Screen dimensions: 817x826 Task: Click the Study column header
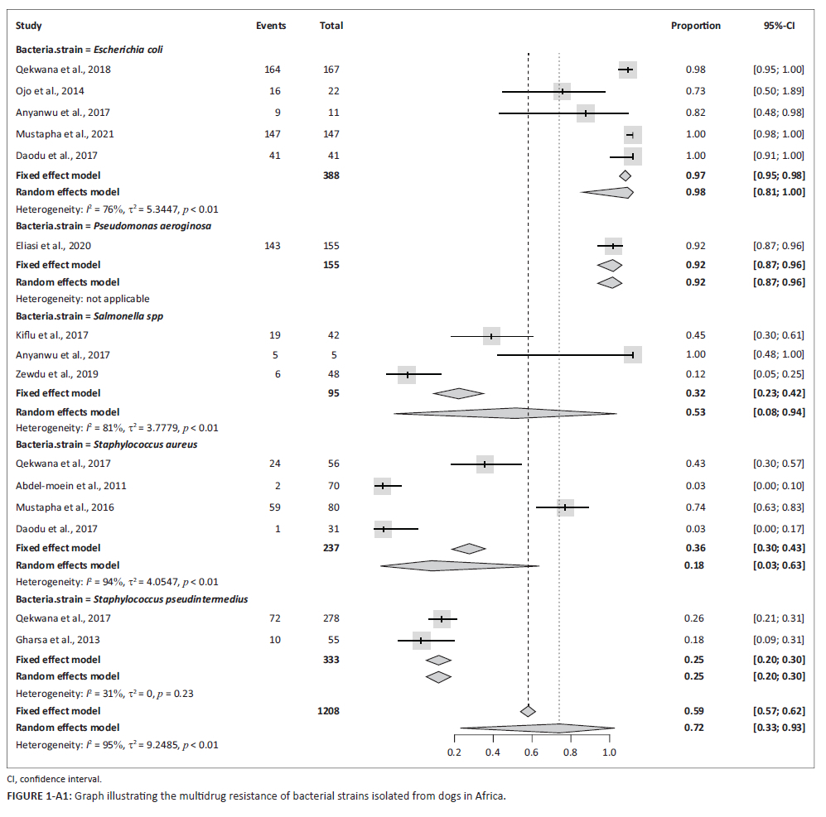pos(29,26)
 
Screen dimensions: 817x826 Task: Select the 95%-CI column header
pos(778,26)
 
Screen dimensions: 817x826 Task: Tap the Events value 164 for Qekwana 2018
pos(271,70)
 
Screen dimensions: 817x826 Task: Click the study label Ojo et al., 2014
pos(50,91)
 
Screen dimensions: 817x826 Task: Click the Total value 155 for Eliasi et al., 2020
pos(331,246)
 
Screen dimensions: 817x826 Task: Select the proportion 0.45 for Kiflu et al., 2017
pos(695,335)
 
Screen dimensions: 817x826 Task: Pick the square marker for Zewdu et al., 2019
pos(407,374)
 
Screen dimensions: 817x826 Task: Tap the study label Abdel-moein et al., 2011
pos(71,486)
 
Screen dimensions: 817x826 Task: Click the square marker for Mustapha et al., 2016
pos(565,507)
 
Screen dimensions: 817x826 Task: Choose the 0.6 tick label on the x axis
pos(531,752)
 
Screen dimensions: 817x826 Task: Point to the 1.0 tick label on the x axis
pos(608,752)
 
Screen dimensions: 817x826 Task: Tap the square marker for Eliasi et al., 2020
pos(613,246)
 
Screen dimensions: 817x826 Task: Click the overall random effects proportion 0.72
pos(695,727)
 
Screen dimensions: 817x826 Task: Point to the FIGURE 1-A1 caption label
pos(39,796)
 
